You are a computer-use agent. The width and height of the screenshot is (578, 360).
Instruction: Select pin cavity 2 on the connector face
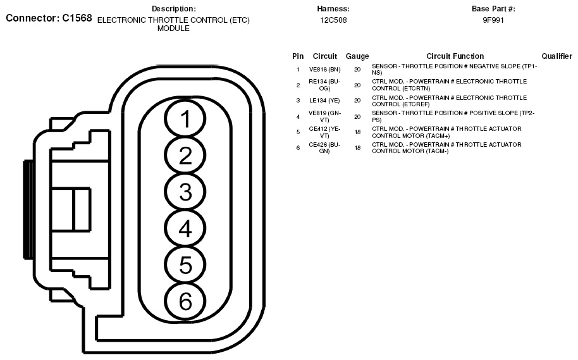tap(185, 156)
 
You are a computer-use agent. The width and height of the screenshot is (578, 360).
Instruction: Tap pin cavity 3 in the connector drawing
tap(185, 192)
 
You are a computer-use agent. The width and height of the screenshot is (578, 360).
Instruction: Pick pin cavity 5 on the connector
tap(185, 264)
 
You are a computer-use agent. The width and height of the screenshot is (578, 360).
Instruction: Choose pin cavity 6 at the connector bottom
tap(185, 301)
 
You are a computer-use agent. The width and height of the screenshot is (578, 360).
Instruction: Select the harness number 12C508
tap(333, 20)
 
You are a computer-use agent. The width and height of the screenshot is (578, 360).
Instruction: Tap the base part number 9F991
tap(493, 20)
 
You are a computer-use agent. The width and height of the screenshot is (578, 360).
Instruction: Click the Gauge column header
tap(357, 56)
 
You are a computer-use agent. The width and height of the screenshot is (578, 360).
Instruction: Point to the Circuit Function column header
tap(455, 56)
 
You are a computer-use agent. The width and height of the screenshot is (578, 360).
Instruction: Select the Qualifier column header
tap(556, 56)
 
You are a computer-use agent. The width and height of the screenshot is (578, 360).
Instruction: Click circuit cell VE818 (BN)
tap(324, 68)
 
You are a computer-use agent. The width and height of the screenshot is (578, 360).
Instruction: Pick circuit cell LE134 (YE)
tap(324, 101)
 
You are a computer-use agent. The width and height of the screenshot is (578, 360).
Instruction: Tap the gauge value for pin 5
tap(357, 132)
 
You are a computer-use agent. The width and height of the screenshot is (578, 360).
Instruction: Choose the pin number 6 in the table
tap(298, 147)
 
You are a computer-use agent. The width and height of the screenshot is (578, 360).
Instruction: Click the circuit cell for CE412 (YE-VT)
tap(324, 132)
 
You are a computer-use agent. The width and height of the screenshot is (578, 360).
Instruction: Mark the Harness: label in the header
tap(333, 9)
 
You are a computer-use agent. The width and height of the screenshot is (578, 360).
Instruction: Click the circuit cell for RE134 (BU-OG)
tap(324, 85)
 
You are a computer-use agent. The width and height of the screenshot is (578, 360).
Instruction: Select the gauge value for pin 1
tap(357, 68)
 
